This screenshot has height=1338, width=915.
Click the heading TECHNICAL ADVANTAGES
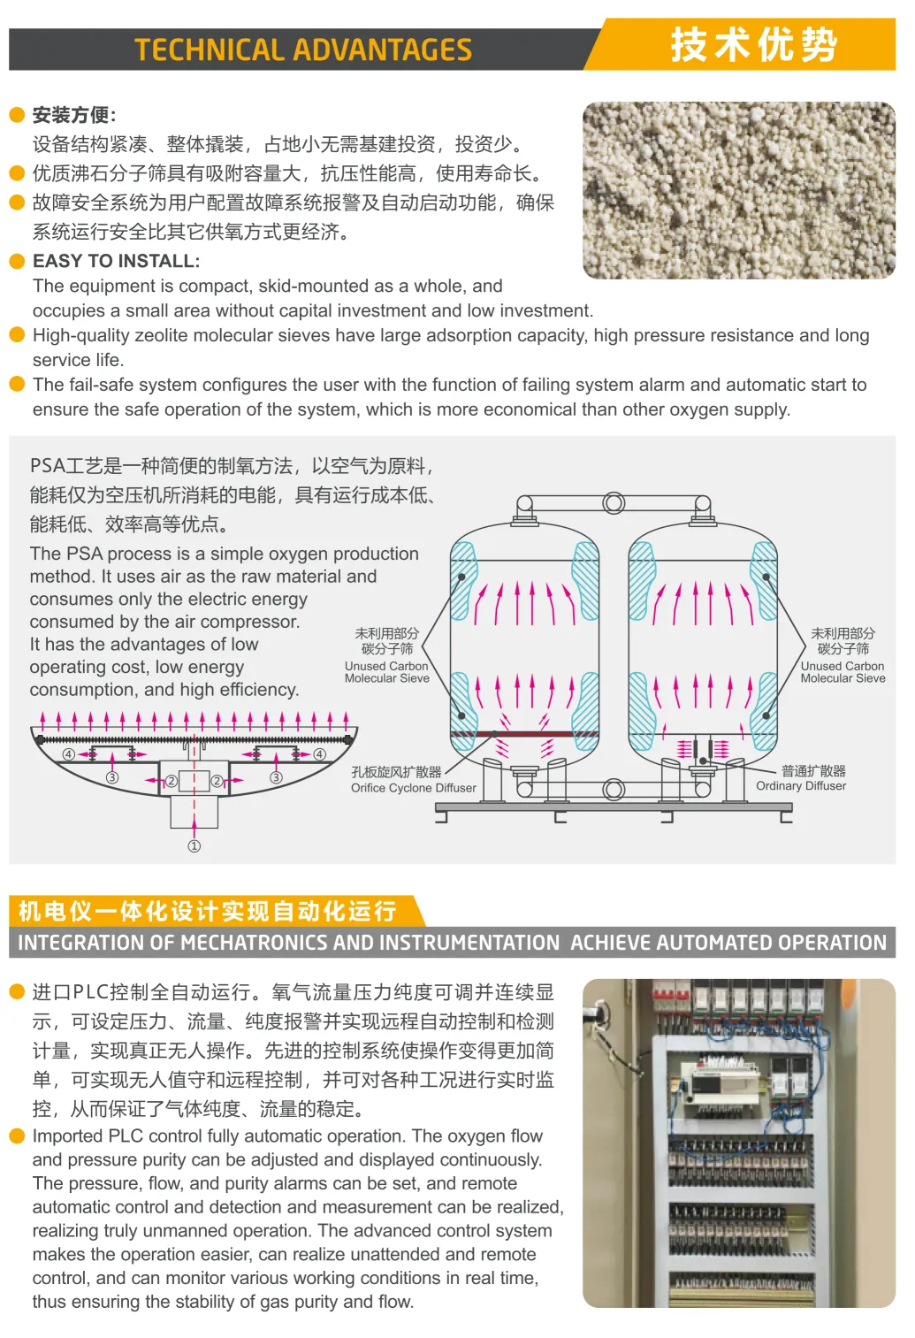tap(303, 50)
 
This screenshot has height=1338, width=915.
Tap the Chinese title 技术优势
tap(754, 44)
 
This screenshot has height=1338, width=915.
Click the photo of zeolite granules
tap(739, 190)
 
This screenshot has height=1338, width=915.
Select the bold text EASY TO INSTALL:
tap(117, 261)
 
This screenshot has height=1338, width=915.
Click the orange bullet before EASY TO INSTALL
tap(17, 261)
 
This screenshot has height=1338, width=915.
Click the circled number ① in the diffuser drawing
tap(194, 845)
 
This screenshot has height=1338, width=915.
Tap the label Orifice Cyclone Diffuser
tap(414, 788)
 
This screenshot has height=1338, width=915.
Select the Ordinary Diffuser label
tap(801, 785)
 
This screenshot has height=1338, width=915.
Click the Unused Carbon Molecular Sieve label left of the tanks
tap(387, 672)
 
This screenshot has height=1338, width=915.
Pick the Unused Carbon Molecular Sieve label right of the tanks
tap(843, 672)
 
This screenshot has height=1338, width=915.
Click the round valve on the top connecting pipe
tap(614, 503)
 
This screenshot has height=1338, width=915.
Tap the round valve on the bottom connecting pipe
tap(614, 790)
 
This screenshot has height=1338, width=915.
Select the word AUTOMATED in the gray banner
tap(713, 943)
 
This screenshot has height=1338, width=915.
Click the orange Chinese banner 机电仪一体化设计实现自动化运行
tap(207, 912)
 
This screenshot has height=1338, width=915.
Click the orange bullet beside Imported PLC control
tap(17, 1135)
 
